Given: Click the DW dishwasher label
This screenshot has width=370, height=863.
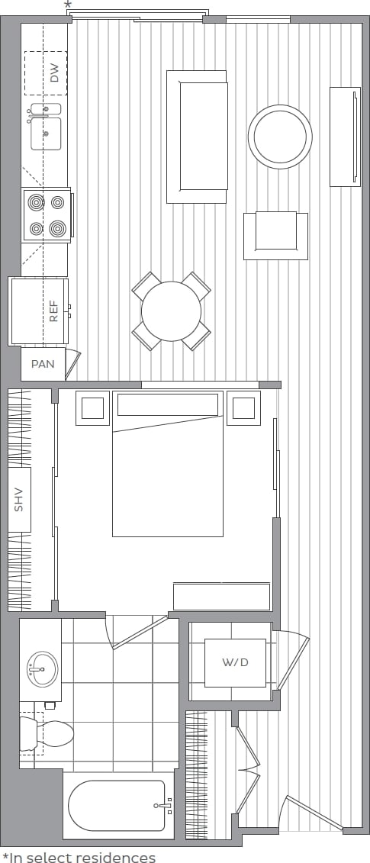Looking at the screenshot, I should coord(54,73).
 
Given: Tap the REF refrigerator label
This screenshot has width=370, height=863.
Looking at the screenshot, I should coord(53,311).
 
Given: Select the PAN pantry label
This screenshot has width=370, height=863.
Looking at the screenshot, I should coord(43,364).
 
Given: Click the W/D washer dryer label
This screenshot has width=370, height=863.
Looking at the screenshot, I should coord(235,662).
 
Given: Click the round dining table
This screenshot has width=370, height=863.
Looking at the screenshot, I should coord(171,311).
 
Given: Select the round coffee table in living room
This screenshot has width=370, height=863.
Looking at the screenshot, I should coord(280,137).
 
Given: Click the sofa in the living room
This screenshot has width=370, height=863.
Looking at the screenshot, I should coord(197,137).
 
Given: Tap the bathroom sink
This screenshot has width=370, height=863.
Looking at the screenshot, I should coord(41,669).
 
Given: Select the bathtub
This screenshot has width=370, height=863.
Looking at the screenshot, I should coord(117,805).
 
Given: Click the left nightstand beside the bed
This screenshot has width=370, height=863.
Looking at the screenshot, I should coord(93,408).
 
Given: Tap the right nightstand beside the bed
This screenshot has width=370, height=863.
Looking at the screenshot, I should coord(243,408).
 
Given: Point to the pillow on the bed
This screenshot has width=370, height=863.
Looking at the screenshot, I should coord(168,405).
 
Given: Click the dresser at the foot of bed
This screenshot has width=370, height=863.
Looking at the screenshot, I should coord(221,596).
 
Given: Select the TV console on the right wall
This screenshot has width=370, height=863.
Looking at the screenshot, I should coord(345,137).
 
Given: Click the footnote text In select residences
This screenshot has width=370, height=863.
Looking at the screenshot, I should coord(79,858).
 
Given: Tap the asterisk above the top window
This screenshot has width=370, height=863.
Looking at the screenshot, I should coord(68,5).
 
